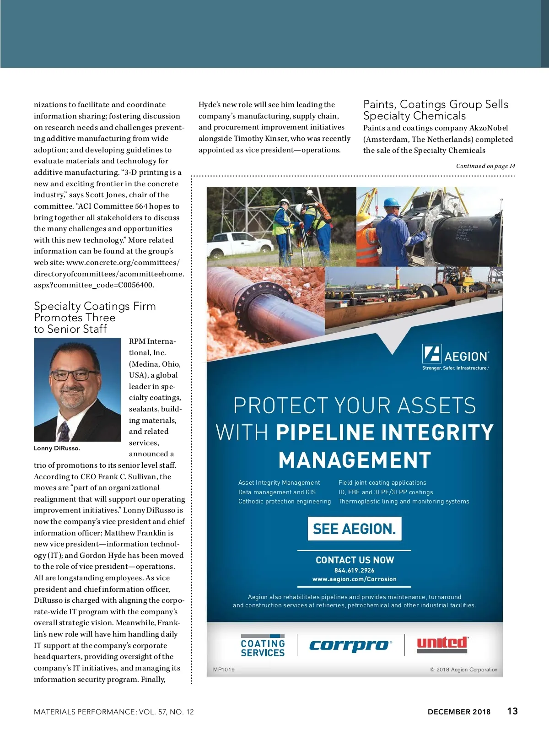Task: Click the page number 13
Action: click(x=512, y=711)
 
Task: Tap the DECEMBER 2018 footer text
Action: click(x=459, y=712)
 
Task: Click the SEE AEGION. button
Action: click(x=355, y=529)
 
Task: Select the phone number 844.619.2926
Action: click(x=355, y=570)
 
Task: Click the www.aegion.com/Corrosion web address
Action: click(x=355, y=579)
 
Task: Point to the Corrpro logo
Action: click(x=350, y=645)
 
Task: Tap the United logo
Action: click(x=442, y=644)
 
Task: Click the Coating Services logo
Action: click(x=263, y=646)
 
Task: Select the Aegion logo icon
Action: click(x=431, y=353)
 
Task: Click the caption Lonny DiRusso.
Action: click(x=57, y=448)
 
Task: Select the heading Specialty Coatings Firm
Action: click(x=95, y=306)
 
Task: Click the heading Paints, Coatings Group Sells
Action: click(x=436, y=104)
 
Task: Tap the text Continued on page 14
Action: click(x=485, y=166)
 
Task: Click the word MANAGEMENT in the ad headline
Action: click(x=355, y=460)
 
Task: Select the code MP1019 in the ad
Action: click(x=224, y=670)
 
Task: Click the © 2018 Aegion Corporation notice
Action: click(x=463, y=670)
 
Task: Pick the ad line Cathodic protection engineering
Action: click(x=284, y=501)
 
